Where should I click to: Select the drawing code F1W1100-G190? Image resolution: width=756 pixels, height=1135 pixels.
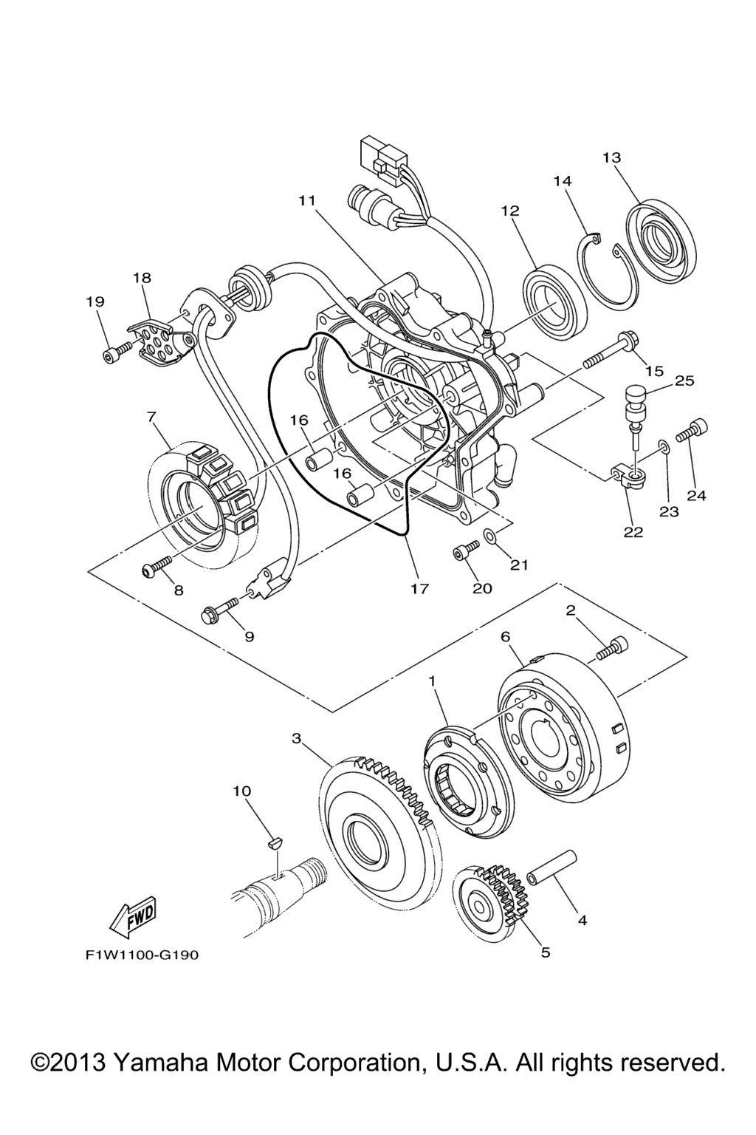tap(141, 955)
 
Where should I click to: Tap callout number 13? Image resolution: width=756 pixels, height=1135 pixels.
tap(611, 157)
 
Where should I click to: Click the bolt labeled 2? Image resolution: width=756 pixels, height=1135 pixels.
tap(612, 647)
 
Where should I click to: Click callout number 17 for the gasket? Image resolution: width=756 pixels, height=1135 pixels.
tap(419, 589)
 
